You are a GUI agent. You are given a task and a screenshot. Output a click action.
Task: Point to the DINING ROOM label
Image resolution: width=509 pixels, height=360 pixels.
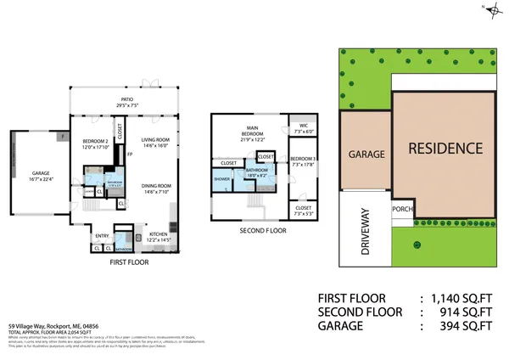pyautogui.click(x=156, y=188)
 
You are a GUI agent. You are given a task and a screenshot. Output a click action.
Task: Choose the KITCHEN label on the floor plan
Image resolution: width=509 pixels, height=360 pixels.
pyautogui.click(x=159, y=236)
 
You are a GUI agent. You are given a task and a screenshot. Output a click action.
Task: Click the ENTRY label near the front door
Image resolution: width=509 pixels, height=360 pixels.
pyautogui.click(x=102, y=236)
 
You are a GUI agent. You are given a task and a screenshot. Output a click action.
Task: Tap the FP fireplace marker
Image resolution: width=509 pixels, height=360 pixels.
pyautogui.click(x=129, y=154)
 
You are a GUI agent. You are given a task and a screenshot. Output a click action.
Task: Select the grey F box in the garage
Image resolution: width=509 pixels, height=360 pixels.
pyautogui.click(x=61, y=137)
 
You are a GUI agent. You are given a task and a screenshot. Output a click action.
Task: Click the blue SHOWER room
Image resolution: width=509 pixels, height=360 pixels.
pyautogui.click(x=223, y=179)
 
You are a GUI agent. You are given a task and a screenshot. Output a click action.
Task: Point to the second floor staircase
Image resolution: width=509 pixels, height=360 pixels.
pyautogui.click(x=254, y=201)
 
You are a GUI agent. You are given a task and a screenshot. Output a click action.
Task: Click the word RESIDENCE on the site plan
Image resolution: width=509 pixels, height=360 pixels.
pyautogui.click(x=445, y=148)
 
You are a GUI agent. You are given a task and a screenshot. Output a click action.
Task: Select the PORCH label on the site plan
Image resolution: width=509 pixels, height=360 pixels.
pyautogui.click(x=401, y=210)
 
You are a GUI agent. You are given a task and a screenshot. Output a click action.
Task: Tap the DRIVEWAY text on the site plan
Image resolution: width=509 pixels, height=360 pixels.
pyautogui.click(x=364, y=231)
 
